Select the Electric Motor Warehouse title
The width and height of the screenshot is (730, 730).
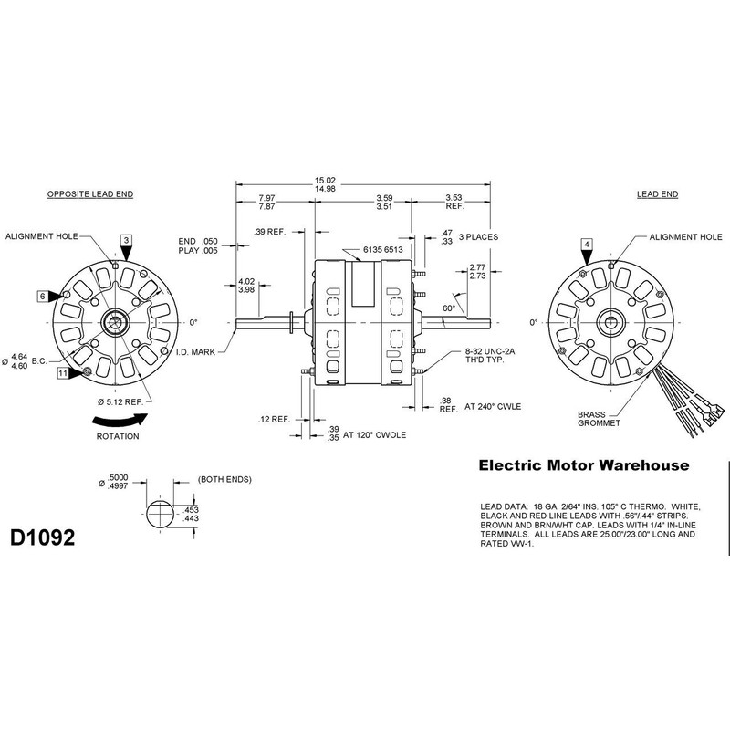(x=584, y=466)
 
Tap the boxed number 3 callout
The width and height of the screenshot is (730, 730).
(x=127, y=240)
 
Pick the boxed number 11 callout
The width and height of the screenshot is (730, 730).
(x=63, y=373)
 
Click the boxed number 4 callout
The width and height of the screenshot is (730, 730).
(x=587, y=244)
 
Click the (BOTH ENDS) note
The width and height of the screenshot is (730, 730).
(x=224, y=479)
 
